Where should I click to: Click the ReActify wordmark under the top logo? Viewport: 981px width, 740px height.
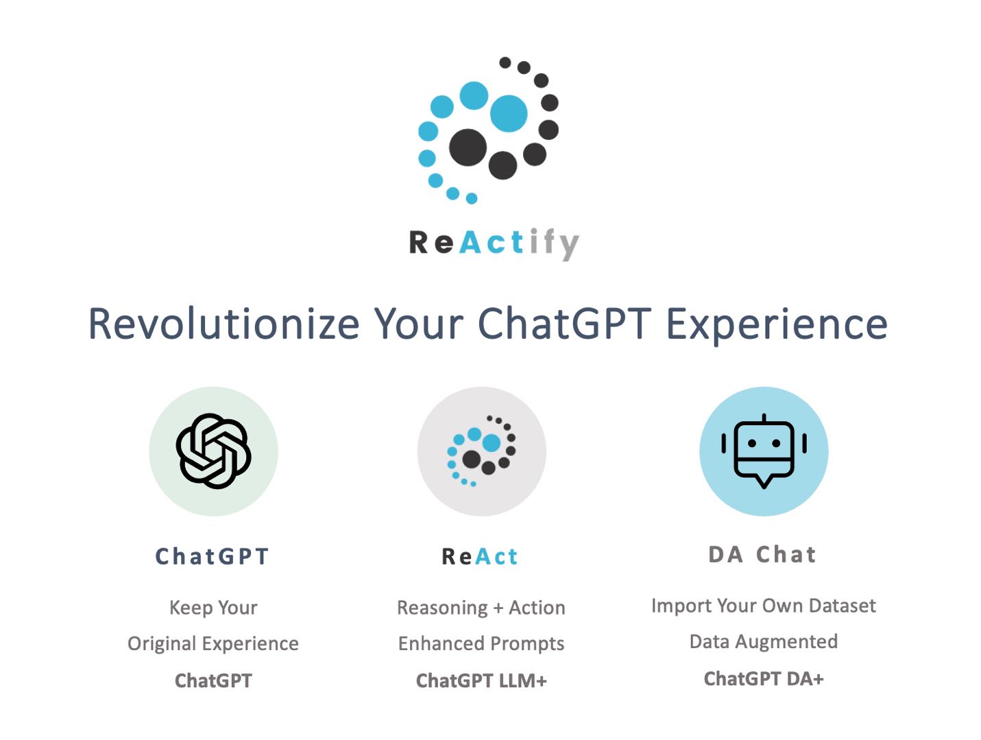[x=494, y=243]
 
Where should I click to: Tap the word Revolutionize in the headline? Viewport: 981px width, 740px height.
[x=224, y=324]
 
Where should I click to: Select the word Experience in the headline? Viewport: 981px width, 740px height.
[x=777, y=324]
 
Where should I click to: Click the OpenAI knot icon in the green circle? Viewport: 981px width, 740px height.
[x=213, y=451]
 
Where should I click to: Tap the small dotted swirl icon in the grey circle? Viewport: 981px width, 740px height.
[x=481, y=451]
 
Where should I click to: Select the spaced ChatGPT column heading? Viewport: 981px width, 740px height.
[x=213, y=556]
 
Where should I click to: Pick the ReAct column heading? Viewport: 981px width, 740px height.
[x=480, y=556]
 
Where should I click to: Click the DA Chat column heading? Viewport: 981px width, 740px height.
[x=762, y=554]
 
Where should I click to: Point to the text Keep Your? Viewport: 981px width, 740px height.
[x=213, y=608]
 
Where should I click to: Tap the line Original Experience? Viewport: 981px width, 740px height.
[x=213, y=643]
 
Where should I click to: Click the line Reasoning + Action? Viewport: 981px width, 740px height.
[x=481, y=608]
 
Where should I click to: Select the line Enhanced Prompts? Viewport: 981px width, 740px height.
[x=481, y=643]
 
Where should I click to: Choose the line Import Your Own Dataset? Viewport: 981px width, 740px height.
[x=763, y=606]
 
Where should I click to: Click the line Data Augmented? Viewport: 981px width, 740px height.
[x=763, y=641]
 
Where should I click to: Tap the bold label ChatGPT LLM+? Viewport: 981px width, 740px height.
[x=481, y=680]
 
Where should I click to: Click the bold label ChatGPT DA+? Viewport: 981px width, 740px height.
[x=763, y=678]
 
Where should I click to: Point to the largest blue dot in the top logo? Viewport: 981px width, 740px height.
[x=509, y=113]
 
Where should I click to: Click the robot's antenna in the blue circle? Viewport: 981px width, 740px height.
[x=764, y=418]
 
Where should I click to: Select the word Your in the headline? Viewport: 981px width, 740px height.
[x=418, y=324]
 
